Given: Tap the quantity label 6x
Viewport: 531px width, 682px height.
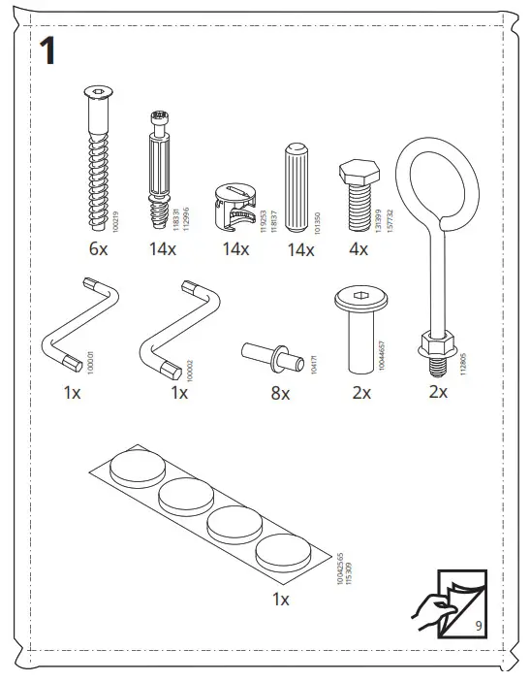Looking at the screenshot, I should click(98, 249).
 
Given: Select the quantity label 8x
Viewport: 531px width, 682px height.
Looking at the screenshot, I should click(280, 393).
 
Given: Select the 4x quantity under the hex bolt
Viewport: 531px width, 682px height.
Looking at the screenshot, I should click(358, 249).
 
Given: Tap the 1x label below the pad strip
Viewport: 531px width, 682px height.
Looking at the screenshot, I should click(280, 600).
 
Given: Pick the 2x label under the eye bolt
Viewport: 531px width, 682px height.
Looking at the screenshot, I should click(437, 393).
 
